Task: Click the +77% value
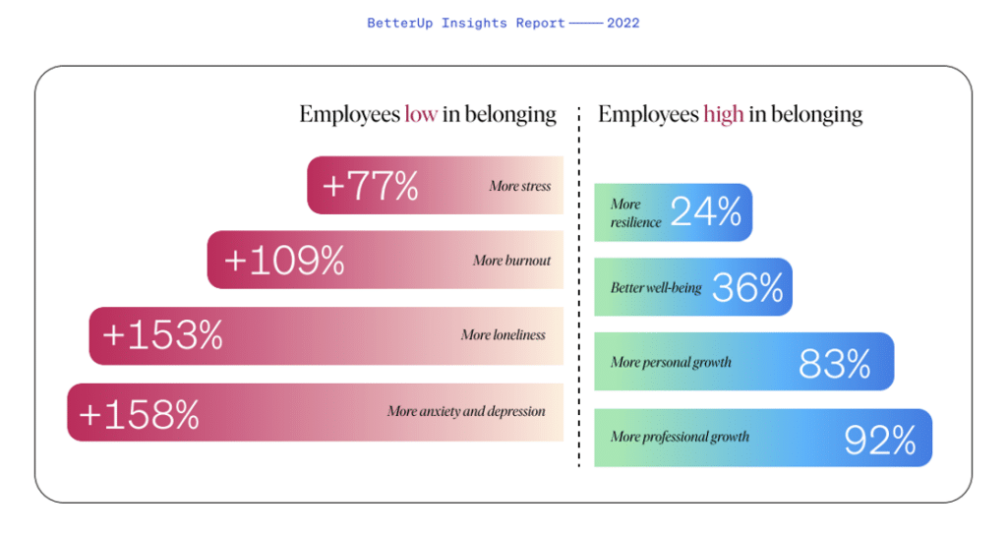(370, 186)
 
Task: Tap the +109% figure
(284, 261)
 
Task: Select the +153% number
(162, 335)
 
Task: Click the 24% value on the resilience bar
(705, 211)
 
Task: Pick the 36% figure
(747, 287)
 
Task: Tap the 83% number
(834, 364)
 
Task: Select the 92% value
(880, 440)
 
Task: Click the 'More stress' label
(519, 187)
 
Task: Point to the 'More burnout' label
(511, 262)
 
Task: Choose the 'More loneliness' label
(503, 335)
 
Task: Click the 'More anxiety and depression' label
(466, 411)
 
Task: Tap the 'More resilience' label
(635, 213)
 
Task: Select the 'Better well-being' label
(655, 287)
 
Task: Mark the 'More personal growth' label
(671, 363)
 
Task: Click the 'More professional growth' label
(680, 437)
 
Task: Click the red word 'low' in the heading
(421, 115)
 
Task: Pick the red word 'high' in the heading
(723, 115)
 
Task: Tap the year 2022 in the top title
(622, 23)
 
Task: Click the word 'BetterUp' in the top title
(395, 23)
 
